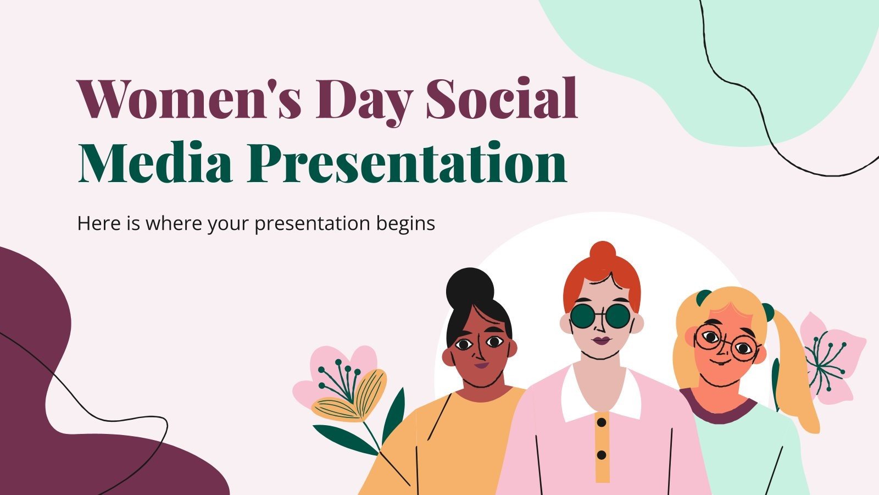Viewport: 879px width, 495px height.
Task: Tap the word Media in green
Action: pos(155,163)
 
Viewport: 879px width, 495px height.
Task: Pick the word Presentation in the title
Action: pos(407,163)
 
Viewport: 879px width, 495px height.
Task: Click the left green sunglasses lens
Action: pos(584,316)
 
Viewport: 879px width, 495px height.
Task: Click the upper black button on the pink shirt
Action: pos(602,422)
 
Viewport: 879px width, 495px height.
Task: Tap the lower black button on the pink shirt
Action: pos(602,455)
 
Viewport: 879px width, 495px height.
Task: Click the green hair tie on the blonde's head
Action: pos(703,298)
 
